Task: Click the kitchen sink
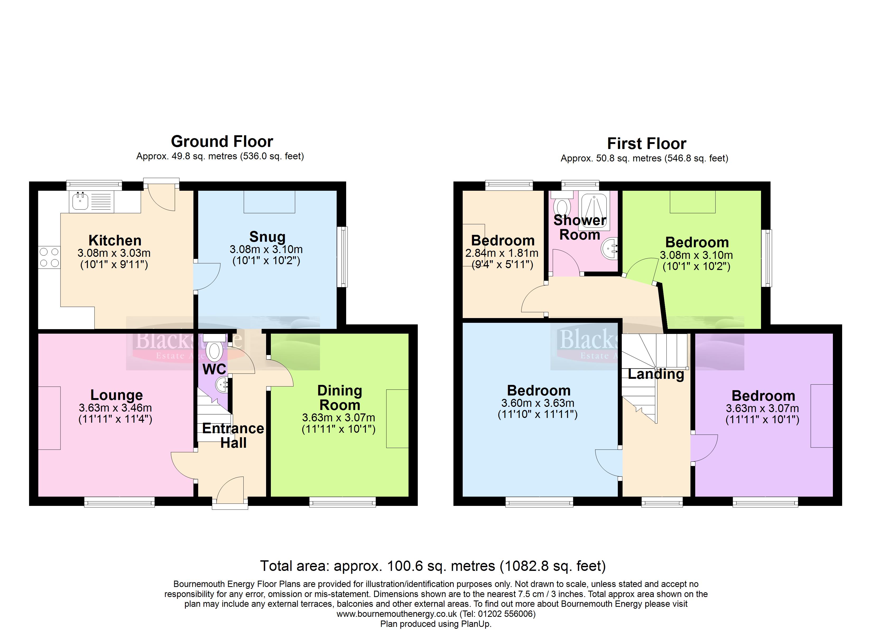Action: [91, 202]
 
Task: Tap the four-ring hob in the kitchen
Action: [49, 258]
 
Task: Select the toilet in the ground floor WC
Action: [214, 347]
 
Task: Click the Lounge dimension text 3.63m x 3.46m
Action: [115, 408]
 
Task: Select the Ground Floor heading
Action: [222, 142]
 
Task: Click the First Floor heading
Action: [647, 143]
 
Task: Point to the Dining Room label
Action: [340, 398]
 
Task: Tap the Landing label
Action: [656, 374]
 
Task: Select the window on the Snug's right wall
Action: [342, 257]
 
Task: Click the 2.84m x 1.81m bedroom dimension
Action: [502, 253]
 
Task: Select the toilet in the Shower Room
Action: [562, 203]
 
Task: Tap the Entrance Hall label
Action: [233, 436]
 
